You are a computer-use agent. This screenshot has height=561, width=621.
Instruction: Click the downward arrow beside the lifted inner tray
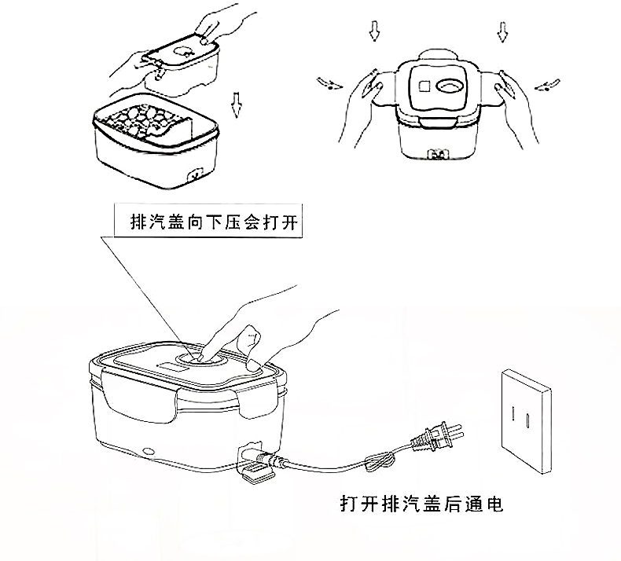click(x=234, y=101)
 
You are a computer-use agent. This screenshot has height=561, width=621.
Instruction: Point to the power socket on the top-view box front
click(x=438, y=155)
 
